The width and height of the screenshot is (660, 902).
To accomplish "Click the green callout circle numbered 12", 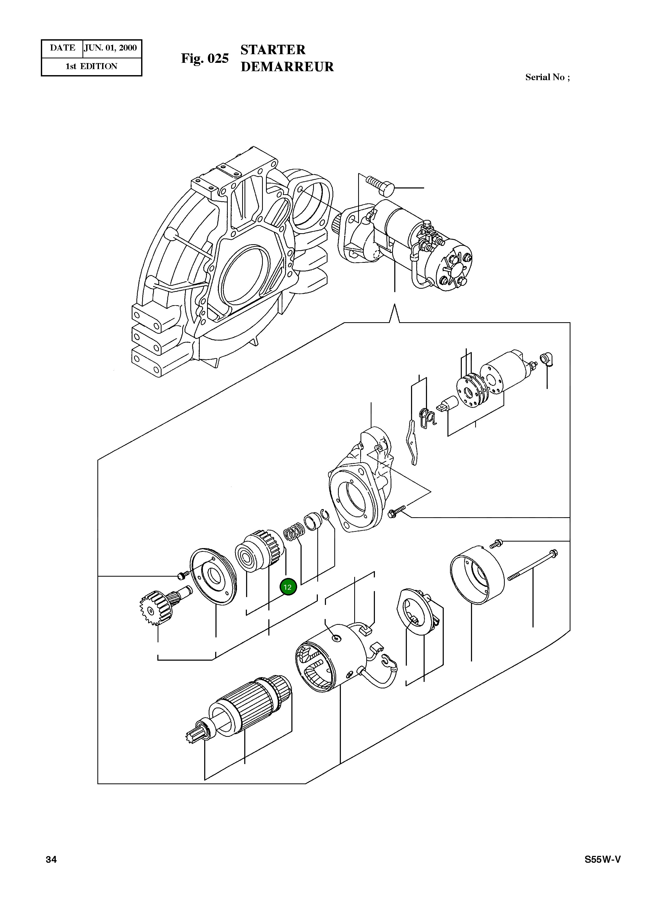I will point(288,587).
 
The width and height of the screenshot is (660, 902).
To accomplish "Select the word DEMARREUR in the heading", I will point(287,67).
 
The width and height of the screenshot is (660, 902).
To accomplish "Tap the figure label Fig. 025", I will point(204,58).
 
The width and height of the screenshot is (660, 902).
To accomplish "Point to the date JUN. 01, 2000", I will point(111,48).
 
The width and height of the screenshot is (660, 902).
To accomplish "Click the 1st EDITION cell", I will point(91,66).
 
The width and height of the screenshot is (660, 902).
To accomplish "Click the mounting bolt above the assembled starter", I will point(380,185).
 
